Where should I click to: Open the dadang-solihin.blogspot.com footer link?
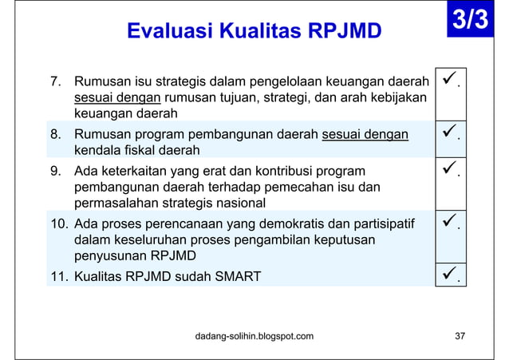click(254, 335)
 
